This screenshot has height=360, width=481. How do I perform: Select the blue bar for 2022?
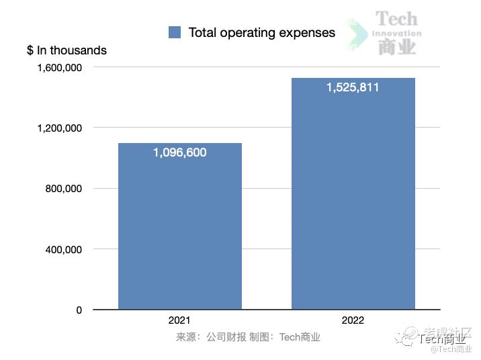[353, 201]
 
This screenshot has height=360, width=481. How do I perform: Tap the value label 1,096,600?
[179, 152]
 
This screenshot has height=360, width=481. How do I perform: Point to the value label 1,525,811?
[353, 87]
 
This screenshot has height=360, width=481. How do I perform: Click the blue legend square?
[175, 32]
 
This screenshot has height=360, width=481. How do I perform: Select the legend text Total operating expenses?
[261, 32]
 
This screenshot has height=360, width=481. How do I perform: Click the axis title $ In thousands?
[67, 50]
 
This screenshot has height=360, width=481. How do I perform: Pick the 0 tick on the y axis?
[79, 310]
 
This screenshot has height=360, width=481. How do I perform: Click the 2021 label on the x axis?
[179, 320]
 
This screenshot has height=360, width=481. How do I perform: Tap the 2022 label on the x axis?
[353, 320]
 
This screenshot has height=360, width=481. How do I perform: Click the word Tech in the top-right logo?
[396, 18]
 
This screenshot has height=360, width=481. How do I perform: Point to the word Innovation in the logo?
[396, 33]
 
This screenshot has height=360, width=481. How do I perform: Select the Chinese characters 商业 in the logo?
[396, 46]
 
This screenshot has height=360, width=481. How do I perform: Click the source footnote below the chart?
[248, 337]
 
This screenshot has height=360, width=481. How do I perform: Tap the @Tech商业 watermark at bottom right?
[451, 349]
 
